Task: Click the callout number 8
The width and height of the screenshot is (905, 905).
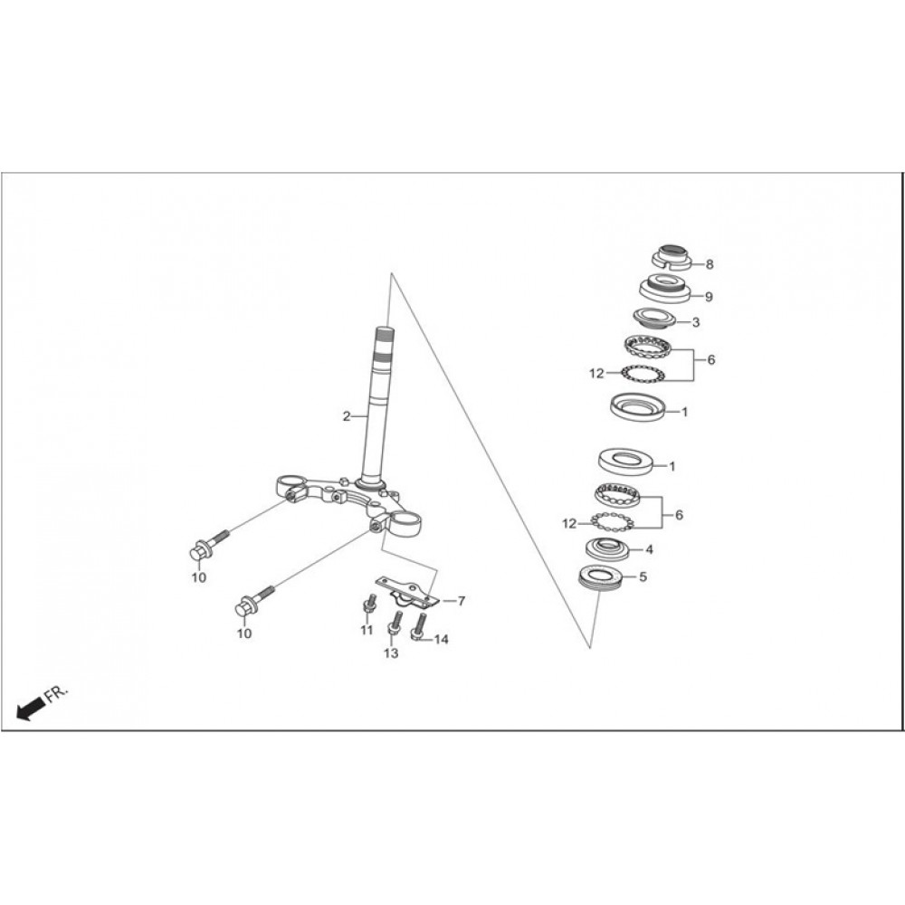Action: [x=710, y=264]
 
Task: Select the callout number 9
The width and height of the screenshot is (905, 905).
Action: [x=709, y=297]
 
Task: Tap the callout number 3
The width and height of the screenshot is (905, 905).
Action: [x=695, y=322]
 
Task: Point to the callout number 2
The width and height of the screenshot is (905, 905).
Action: [x=347, y=416]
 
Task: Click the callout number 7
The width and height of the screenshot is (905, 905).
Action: [x=462, y=602]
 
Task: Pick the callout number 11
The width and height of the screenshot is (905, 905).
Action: [x=367, y=630]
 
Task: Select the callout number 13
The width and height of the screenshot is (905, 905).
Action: [x=391, y=653]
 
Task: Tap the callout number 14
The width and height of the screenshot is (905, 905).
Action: [x=441, y=640]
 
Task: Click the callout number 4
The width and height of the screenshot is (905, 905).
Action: [x=649, y=549]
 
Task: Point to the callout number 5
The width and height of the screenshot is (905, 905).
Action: [x=643, y=576]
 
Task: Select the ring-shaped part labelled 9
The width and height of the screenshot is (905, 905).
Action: [x=665, y=289]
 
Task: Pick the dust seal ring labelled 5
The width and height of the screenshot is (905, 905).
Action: [x=600, y=579]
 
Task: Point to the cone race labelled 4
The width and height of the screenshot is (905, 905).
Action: [x=606, y=548]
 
